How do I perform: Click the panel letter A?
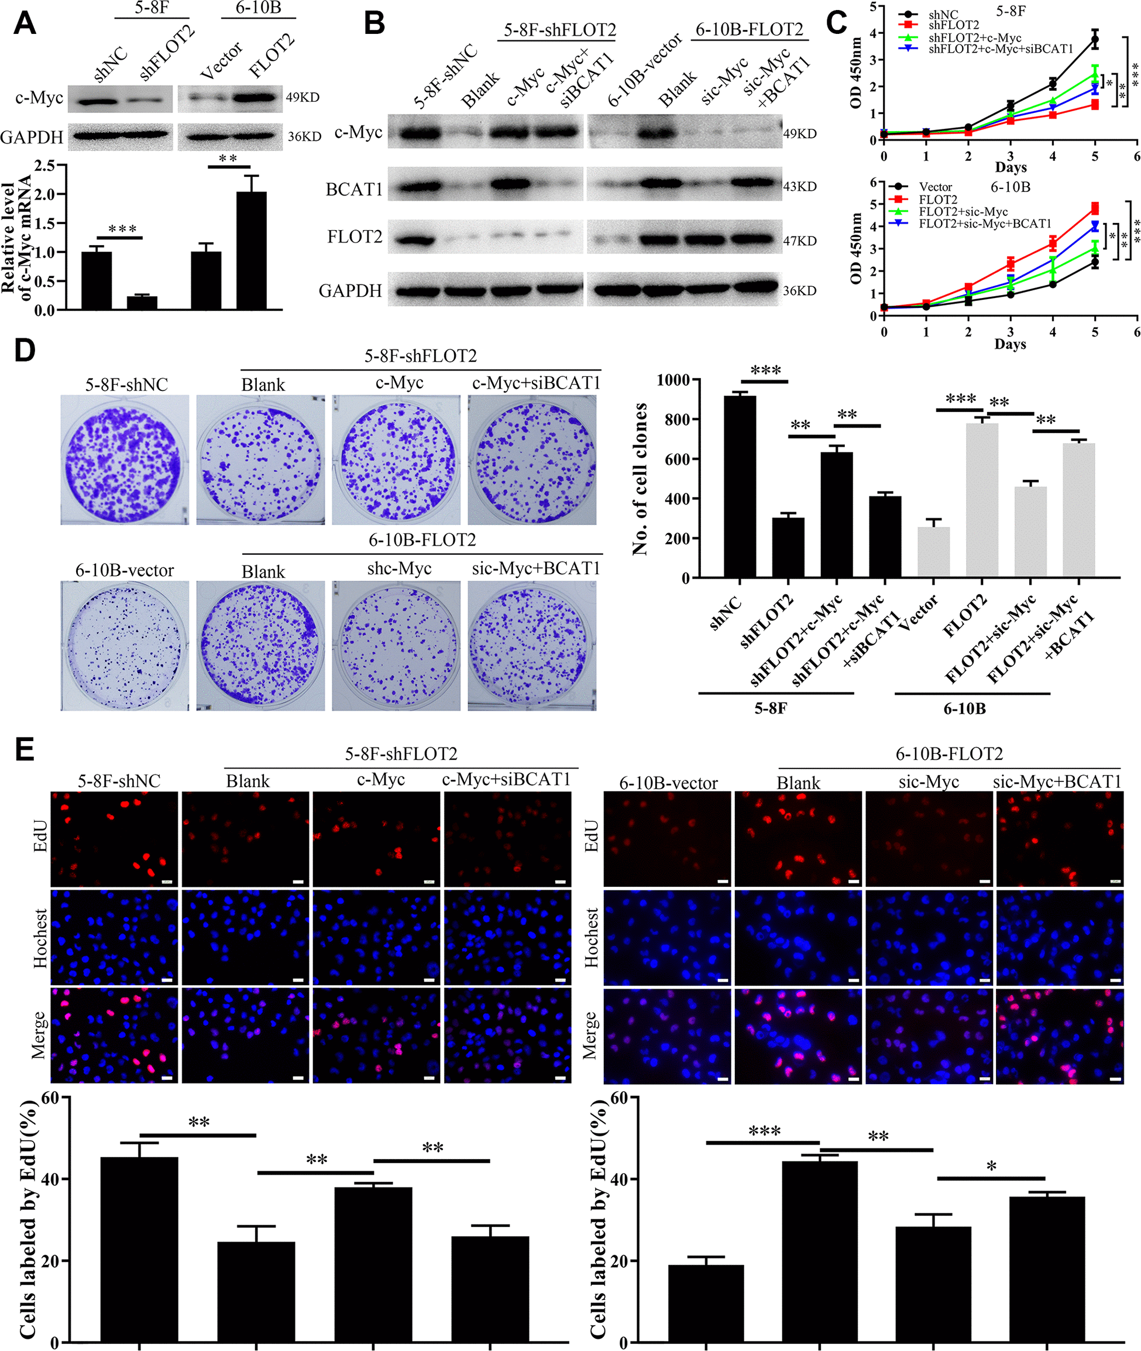click(25, 24)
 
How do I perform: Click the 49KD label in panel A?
click(303, 98)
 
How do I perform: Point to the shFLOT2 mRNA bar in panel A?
click(142, 302)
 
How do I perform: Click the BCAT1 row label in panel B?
click(354, 190)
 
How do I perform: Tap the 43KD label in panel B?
click(799, 186)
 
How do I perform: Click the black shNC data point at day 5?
click(1094, 40)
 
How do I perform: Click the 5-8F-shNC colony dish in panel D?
click(125, 460)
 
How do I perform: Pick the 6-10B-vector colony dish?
click(125, 646)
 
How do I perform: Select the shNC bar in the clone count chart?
click(740, 486)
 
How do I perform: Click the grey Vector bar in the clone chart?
click(933, 551)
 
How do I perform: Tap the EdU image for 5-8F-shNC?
click(115, 839)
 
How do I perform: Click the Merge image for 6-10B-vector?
click(668, 1035)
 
